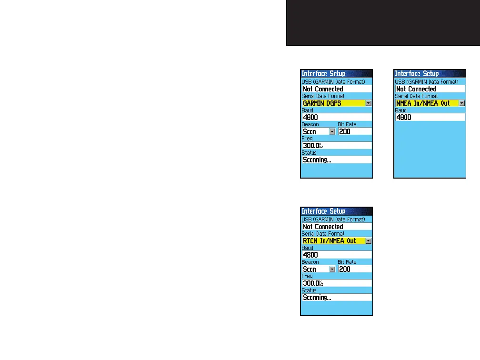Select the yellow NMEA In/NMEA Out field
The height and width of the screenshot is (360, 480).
pos(426,103)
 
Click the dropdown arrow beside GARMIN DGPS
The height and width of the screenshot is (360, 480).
pos(369,103)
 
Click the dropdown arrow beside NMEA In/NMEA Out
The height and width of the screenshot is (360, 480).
pos(462,103)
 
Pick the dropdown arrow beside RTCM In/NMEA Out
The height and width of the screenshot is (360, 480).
pos(369,241)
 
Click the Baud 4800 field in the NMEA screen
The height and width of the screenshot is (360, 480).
pos(430,117)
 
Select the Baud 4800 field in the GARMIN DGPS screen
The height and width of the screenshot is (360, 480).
pos(337,117)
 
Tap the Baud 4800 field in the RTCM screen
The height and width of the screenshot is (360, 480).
pos(337,255)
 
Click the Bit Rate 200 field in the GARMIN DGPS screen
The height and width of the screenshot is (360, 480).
pos(355,131)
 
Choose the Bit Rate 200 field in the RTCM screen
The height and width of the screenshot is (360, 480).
pos(355,269)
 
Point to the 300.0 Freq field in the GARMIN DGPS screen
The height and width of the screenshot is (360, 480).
pos(337,145)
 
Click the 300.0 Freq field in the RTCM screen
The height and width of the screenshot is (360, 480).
pos(337,283)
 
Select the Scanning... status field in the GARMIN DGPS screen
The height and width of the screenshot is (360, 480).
pos(337,160)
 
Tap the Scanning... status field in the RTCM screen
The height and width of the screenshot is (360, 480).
pos(337,298)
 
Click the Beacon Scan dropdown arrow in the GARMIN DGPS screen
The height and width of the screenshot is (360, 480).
pos(332,131)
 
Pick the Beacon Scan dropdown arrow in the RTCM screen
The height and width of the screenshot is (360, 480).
pos(332,269)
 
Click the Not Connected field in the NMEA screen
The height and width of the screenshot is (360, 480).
pos(430,89)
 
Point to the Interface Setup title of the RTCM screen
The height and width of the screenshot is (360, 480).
pos(323,211)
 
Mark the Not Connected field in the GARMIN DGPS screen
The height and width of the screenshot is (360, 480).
pos(337,89)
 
